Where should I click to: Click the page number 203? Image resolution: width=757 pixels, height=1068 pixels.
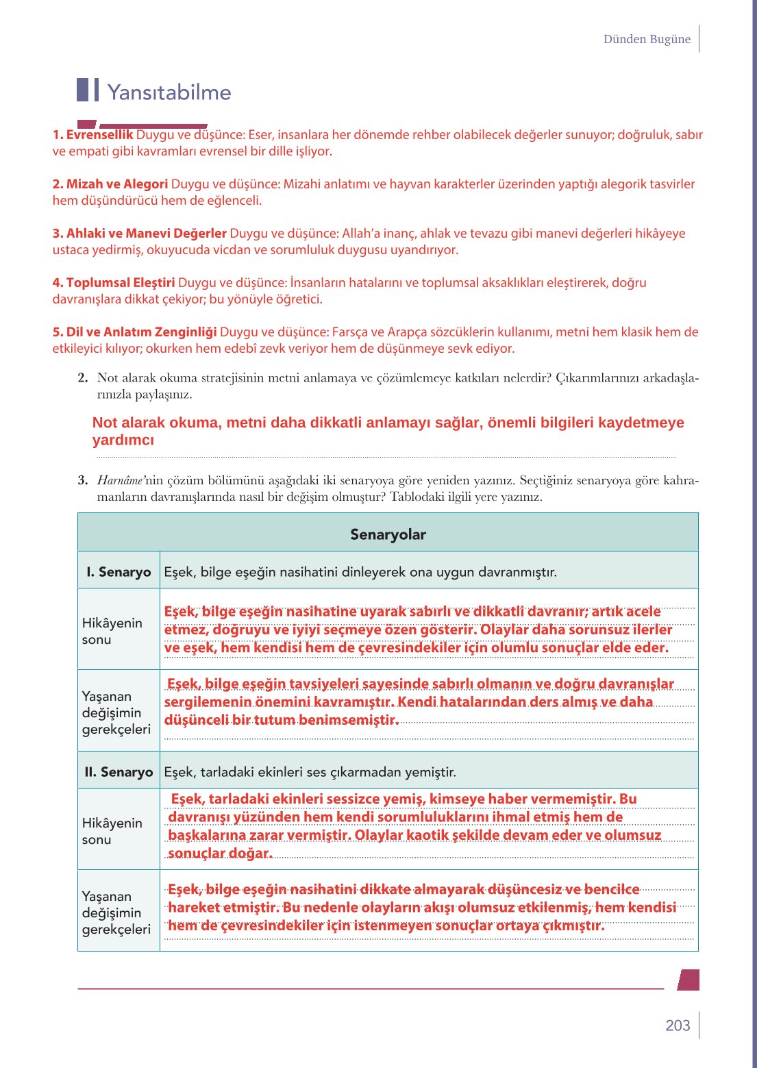[678, 1026]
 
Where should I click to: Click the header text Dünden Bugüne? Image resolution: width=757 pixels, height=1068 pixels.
[647, 39]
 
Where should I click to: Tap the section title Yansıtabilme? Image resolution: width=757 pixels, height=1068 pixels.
[169, 92]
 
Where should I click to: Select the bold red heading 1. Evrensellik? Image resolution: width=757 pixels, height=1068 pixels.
[92, 135]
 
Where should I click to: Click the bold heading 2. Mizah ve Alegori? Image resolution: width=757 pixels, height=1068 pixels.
[110, 184]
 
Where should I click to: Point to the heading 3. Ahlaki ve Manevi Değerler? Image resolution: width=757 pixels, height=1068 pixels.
[140, 234]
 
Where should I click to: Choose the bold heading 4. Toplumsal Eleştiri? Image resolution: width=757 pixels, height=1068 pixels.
[114, 283]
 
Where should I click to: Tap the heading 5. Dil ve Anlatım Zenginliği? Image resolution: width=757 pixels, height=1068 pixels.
[135, 332]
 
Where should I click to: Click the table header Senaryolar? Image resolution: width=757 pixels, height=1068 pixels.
[388, 534]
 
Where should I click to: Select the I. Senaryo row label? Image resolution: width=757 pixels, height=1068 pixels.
[119, 572]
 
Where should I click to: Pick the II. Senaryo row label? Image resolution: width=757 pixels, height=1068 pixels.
[119, 772]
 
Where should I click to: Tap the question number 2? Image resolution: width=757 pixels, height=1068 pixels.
[83, 377]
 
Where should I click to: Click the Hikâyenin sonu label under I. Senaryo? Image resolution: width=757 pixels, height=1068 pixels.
[112, 631]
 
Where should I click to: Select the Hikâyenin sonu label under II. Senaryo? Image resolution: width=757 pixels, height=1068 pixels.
[112, 831]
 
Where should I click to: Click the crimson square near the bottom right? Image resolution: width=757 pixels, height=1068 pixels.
[688, 980]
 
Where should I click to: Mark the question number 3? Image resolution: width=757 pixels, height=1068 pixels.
[83, 480]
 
